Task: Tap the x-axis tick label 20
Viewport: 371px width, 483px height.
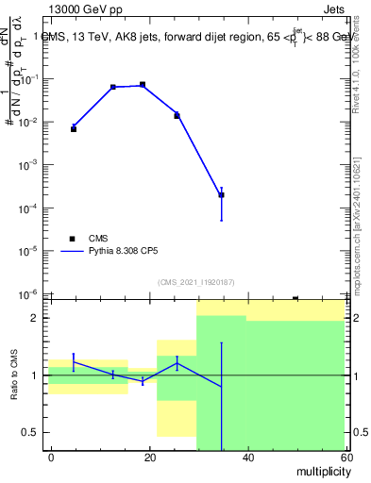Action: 150,458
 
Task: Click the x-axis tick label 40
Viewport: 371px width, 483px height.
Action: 247,458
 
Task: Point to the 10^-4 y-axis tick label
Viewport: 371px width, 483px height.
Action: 28,208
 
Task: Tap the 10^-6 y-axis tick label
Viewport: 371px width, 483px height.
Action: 28,294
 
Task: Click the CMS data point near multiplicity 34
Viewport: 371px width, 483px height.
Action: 221,195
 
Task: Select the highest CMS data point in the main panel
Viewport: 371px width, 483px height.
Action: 143,85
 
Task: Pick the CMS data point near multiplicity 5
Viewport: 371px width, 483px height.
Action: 74,128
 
